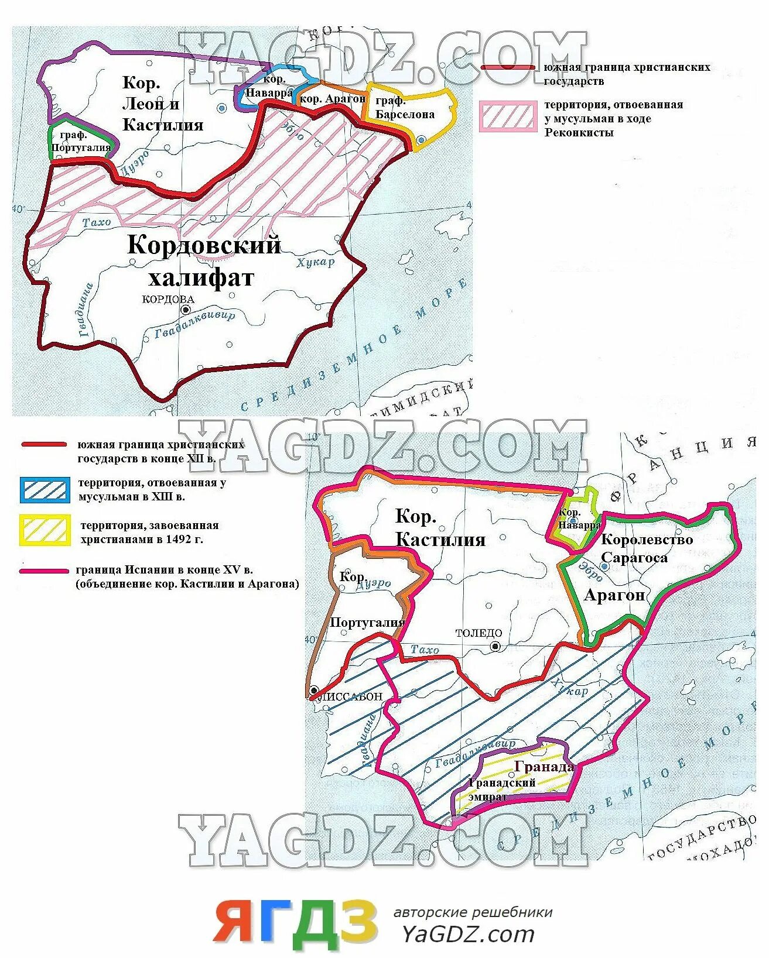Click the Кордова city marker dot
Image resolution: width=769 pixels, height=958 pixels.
pos(186,310)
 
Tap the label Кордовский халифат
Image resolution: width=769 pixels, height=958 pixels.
pos(203,261)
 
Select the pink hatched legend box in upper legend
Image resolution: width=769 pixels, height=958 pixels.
pos(508,115)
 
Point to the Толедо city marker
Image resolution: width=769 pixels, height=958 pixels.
pos(495,646)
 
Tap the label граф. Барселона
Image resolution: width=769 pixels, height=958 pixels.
pos(405,108)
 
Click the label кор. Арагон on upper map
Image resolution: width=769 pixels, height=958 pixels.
pos(332,99)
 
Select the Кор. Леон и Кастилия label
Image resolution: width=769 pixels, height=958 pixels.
pos(162,104)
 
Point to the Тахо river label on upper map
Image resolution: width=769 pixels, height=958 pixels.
pos(97,222)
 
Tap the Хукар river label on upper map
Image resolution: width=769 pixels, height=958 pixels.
pos(315,262)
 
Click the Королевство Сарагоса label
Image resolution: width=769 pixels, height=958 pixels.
pos(646,548)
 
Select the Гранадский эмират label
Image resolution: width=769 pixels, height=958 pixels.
pos(501,789)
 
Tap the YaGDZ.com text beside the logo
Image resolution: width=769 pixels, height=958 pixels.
pos(468,934)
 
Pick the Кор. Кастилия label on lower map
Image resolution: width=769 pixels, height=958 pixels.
pos(440,527)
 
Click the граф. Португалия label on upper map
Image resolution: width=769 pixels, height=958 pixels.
pos(80,142)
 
